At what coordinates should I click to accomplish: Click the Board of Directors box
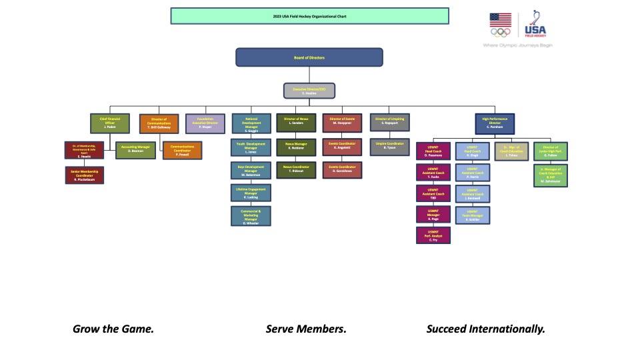tap(309, 57)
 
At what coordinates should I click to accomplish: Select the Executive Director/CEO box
tap(309, 91)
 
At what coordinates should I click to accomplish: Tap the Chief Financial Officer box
tap(110, 123)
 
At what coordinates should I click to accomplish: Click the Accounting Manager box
tap(135, 149)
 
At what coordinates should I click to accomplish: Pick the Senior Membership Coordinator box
tap(84, 175)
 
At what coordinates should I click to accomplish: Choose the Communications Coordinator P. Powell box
tap(182, 149)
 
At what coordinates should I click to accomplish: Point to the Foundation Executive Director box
tap(205, 123)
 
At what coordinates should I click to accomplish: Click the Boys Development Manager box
tap(251, 170)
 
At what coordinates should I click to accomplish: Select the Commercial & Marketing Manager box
tap(251, 216)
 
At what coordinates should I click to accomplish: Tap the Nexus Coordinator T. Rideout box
tap(297, 169)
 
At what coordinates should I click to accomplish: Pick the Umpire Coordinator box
tap(390, 146)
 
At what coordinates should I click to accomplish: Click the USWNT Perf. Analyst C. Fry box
tap(433, 235)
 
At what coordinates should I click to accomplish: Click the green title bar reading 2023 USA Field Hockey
tap(309, 15)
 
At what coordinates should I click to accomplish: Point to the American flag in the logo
tap(501, 21)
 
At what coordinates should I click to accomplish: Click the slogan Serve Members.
tap(306, 329)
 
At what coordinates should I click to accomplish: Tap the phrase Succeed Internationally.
tap(486, 329)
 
